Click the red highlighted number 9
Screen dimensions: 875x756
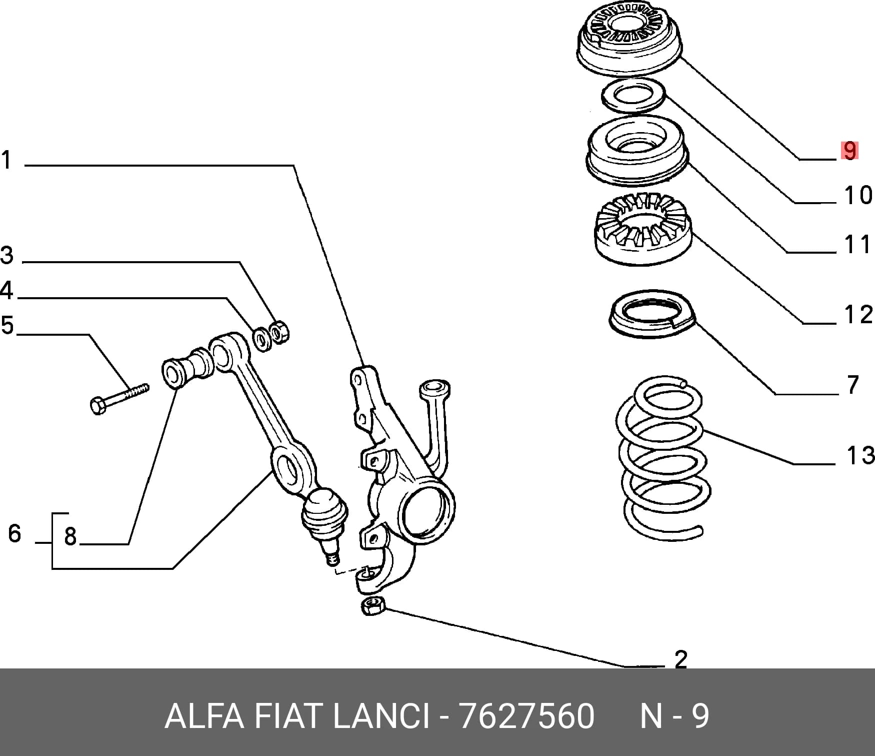pyautogui.click(x=849, y=151)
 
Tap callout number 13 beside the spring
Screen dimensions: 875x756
pyautogui.click(x=860, y=455)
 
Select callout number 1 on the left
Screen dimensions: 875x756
pyautogui.click(x=6, y=160)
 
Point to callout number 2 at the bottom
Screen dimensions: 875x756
pyautogui.click(x=681, y=659)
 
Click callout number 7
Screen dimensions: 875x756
pyautogui.click(x=853, y=385)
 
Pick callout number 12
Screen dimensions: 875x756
pyautogui.click(x=858, y=314)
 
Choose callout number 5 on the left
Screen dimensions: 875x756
pyautogui.click(x=7, y=325)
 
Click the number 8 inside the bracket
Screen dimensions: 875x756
pyautogui.click(x=70, y=536)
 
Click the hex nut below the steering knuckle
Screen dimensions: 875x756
pyautogui.click(x=372, y=606)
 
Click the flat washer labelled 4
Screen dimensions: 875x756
pyautogui.click(x=260, y=339)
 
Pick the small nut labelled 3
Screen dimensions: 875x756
pyautogui.click(x=279, y=331)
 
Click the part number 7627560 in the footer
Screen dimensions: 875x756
pyautogui.click(x=526, y=716)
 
